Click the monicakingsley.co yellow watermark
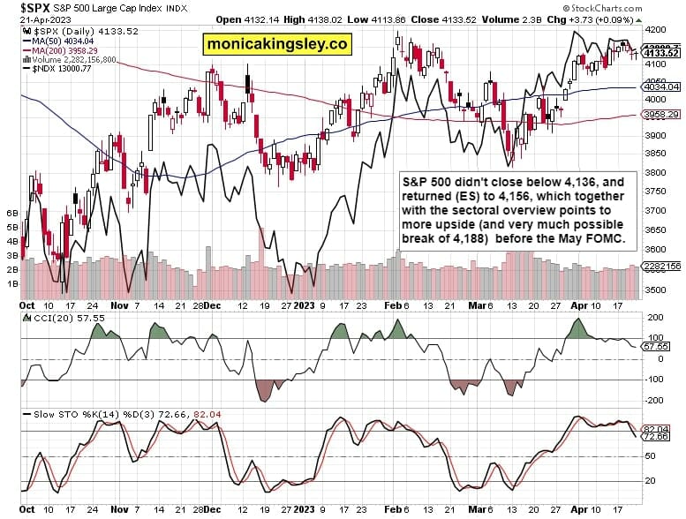tap(275, 43)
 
